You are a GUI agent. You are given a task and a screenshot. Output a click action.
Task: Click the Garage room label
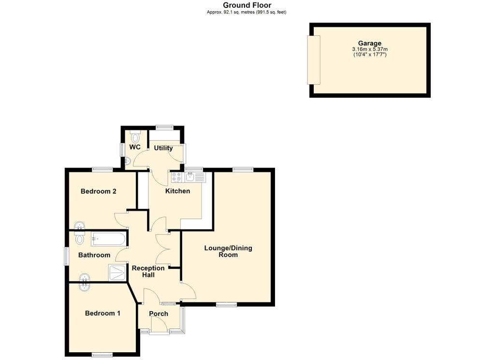click(x=369, y=43)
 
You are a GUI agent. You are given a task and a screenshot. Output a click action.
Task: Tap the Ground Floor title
click(x=247, y=5)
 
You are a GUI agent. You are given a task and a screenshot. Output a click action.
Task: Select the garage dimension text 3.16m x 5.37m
click(x=369, y=49)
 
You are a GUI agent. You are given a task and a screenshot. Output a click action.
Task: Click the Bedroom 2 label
click(x=99, y=191)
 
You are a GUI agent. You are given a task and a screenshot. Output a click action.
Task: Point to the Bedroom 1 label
click(x=102, y=313)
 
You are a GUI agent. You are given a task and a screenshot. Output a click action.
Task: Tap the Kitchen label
click(x=177, y=191)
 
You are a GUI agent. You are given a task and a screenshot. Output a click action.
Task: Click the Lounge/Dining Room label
click(x=228, y=251)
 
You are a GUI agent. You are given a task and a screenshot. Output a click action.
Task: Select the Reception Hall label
click(x=148, y=271)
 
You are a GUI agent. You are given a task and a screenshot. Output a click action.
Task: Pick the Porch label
click(x=159, y=314)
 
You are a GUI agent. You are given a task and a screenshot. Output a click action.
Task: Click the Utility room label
click(x=163, y=148)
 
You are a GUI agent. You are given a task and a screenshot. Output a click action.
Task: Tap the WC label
click(x=135, y=147)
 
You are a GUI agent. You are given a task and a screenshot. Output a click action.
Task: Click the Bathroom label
click(x=94, y=255)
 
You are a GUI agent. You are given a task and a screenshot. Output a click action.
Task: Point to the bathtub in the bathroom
click(x=108, y=239)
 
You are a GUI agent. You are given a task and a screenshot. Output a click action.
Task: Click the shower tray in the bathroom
click(x=116, y=273)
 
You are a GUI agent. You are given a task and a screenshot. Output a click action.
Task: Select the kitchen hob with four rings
click(x=176, y=177)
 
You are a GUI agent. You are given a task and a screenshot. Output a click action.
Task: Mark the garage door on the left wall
click(x=314, y=60)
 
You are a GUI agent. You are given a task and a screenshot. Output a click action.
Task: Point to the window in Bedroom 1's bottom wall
click(x=102, y=355)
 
